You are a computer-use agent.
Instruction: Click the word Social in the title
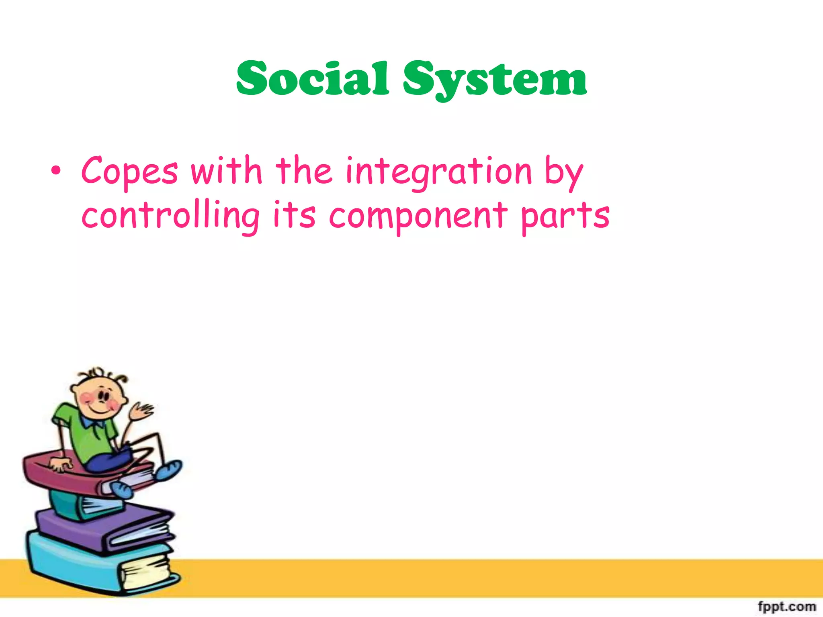pos(313,79)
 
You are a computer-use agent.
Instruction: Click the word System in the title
pos(495,80)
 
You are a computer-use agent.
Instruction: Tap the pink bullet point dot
pos(56,172)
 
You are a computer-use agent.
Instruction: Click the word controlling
pos(170,216)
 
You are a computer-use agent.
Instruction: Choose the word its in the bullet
pos(294,215)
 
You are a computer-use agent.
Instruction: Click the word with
pos(226,171)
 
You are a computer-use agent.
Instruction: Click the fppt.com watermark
pos(786,606)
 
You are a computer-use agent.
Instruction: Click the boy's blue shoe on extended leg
pos(169,470)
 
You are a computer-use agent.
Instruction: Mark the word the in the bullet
pos(304,171)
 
